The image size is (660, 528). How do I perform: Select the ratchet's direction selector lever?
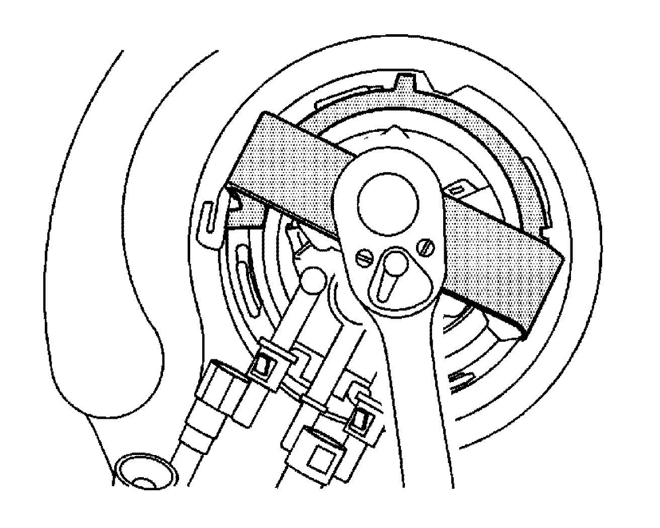click(x=394, y=274)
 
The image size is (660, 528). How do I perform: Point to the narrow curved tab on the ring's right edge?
click(x=535, y=191)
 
